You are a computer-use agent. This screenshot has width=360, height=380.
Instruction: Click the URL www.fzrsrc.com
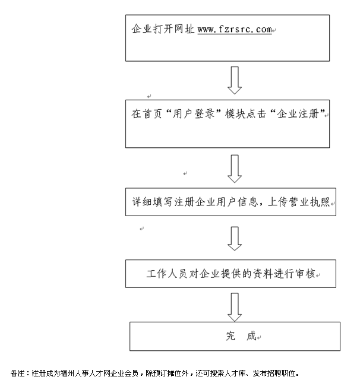[x=234, y=28]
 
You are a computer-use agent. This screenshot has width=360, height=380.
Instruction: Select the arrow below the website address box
[x=235, y=80]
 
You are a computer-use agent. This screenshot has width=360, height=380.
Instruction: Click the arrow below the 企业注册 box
[x=235, y=169]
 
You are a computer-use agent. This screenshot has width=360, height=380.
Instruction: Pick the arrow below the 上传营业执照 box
[x=235, y=238]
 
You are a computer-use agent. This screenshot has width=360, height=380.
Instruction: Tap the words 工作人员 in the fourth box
[x=164, y=275]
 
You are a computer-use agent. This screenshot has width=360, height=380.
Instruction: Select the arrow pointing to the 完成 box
[x=235, y=308]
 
